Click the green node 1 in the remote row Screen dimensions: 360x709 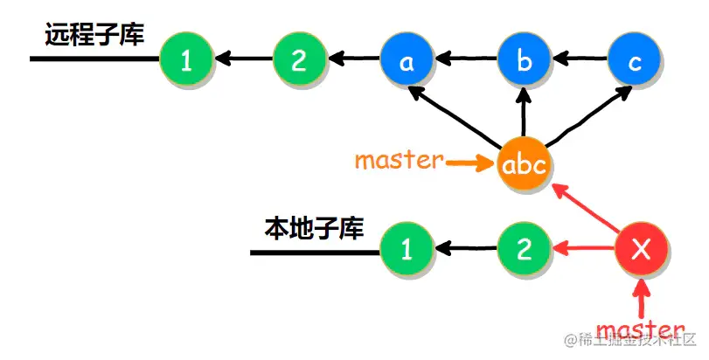(x=185, y=60)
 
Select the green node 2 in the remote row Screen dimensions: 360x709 (x=299, y=60)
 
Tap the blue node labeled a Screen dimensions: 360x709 (x=407, y=60)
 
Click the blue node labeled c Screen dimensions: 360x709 (x=635, y=60)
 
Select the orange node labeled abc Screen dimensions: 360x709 (x=525, y=163)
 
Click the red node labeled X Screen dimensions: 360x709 (x=643, y=251)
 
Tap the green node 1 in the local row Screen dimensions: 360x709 (x=406, y=251)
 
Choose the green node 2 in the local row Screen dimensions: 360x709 (x=525, y=251)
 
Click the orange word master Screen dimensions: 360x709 (x=399, y=162)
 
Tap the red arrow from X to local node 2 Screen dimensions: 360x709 (x=584, y=252)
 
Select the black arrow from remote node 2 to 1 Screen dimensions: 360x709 (x=242, y=60)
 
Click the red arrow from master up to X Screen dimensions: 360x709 (x=643, y=297)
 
